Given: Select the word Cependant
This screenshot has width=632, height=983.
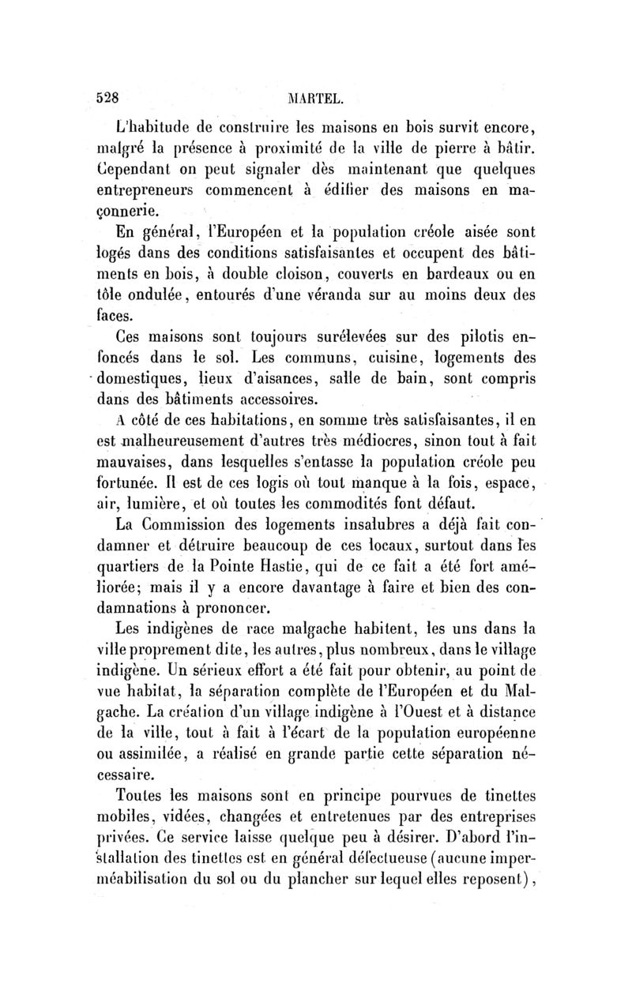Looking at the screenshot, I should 151,170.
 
